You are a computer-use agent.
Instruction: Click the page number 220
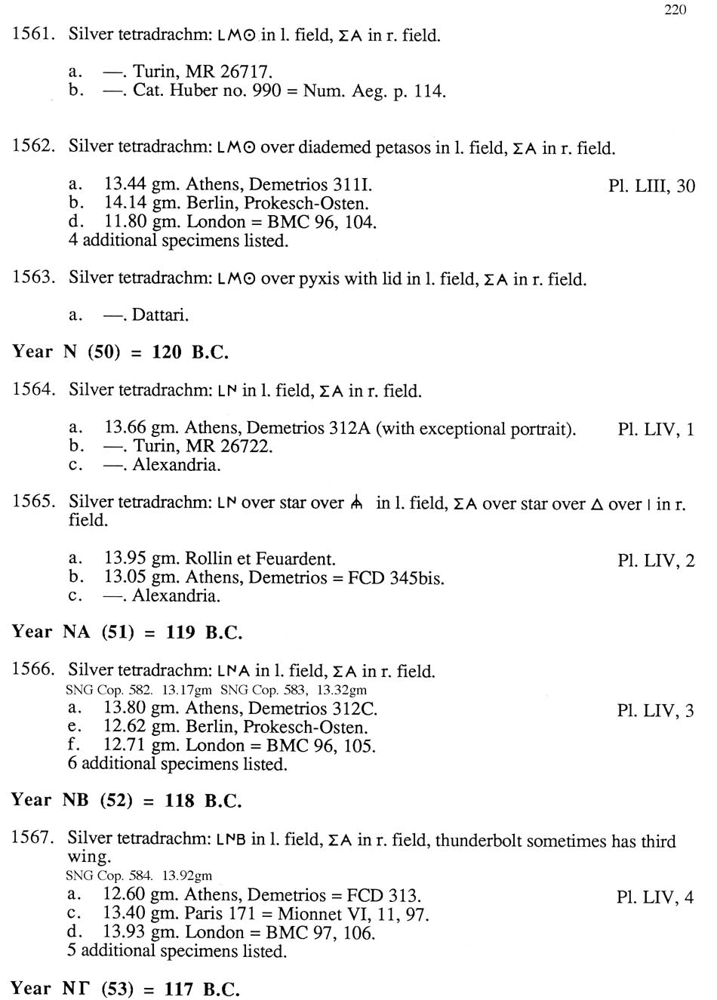click(675, 10)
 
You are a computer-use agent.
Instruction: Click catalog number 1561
click(34, 35)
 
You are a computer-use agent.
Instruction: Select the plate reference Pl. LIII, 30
click(651, 186)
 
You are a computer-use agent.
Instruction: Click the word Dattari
click(160, 315)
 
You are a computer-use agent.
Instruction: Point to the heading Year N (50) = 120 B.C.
click(120, 352)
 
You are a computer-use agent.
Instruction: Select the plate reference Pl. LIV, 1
click(655, 429)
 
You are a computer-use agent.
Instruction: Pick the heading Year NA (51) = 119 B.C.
click(127, 632)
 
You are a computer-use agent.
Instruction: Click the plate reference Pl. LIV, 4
click(654, 897)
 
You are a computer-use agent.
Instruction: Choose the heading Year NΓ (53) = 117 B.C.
click(125, 988)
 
